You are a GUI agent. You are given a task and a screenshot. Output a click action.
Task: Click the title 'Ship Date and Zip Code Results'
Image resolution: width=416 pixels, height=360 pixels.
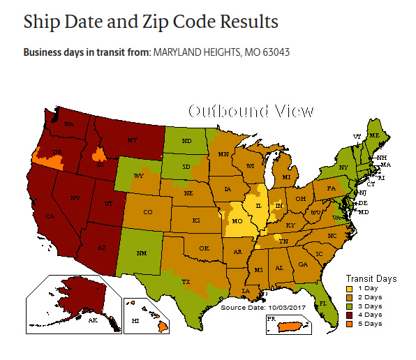[151, 21]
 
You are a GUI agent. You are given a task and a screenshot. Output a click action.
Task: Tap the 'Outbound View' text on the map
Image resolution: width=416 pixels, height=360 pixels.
[251, 112]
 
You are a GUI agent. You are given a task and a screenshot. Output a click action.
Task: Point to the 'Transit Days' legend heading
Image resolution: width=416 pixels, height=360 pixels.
[371, 278]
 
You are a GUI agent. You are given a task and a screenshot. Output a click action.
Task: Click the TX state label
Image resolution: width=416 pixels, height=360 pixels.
[186, 282]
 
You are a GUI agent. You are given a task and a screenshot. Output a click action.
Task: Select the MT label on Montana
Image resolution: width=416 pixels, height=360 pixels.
[131, 140]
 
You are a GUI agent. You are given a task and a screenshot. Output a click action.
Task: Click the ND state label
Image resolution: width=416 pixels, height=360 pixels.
[186, 141]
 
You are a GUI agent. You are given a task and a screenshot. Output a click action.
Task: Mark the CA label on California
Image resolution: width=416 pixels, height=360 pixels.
[50, 217]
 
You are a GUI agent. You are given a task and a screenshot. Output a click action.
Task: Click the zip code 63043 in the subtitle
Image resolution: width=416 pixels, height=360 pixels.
[275, 52]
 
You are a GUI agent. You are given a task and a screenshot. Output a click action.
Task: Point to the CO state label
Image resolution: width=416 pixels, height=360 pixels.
[147, 211]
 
